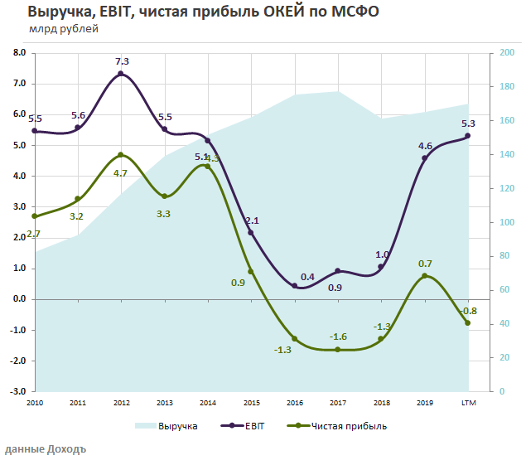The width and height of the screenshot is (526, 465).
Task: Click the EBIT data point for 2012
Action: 121,74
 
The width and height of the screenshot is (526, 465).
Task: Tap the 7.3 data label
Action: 121,61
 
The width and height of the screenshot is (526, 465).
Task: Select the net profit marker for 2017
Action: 338,349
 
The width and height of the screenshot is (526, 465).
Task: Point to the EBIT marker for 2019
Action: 425,157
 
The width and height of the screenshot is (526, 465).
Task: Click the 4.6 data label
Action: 425,147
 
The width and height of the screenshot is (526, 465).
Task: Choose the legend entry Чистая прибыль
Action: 340,426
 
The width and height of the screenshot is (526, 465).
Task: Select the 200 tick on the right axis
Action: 507,53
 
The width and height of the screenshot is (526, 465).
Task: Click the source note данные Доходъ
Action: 45,449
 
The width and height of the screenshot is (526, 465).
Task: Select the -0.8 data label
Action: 468,311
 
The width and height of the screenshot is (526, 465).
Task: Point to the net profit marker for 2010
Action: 35,216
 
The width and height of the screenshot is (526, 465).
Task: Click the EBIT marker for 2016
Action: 295,286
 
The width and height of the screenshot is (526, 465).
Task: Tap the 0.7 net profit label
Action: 425,264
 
